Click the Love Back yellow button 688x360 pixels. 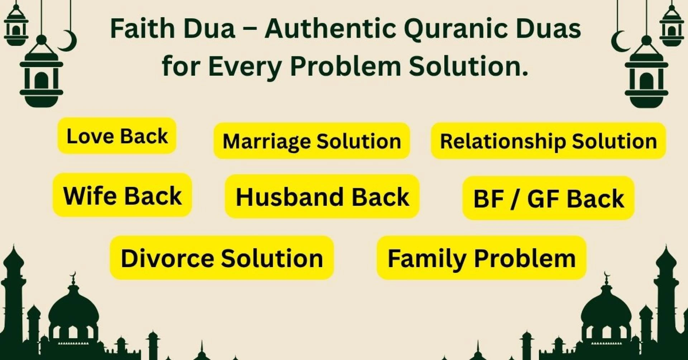tap(117, 136)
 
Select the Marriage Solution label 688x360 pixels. tap(311, 141)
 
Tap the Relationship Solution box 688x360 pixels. tap(548, 141)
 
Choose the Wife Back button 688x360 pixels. tap(122, 195)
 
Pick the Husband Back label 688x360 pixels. tap(322, 196)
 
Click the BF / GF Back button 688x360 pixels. tap(548, 198)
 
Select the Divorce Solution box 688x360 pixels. tap(222, 258)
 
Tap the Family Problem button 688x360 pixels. tap(481, 258)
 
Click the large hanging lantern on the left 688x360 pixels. tap(42, 75)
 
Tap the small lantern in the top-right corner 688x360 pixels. tap(672, 27)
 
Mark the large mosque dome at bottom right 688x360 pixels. tap(606, 310)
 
